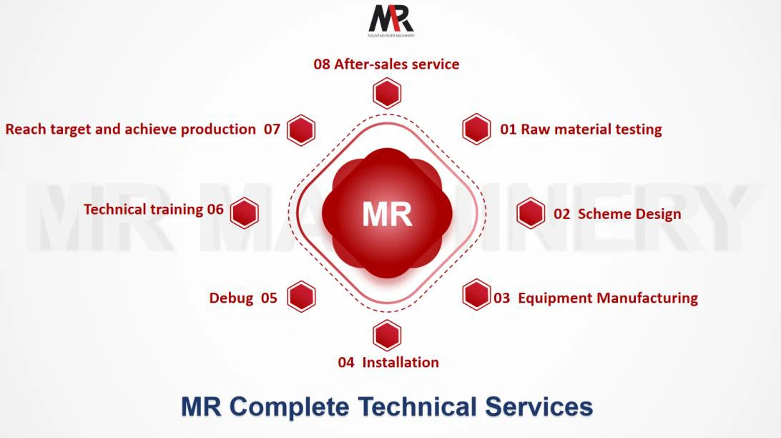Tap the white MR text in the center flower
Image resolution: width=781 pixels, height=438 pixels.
click(x=387, y=214)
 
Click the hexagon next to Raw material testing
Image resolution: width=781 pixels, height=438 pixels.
click(x=476, y=130)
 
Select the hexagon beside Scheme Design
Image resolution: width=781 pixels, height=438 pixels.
click(x=531, y=213)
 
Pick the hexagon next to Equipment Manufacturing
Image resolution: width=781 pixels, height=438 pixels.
click(x=476, y=295)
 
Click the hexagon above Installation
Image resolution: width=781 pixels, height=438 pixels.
click(x=387, y=336)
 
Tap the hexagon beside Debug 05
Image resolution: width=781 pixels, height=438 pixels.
click(x=301, y=296)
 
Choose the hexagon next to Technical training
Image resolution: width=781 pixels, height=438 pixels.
click(x=244, y=213)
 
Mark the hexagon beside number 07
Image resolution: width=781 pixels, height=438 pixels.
click(x=301, y=130)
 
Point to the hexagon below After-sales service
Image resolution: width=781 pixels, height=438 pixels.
click(x=387, y=93)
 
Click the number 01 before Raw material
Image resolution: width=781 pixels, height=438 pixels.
click(x=508, y=130)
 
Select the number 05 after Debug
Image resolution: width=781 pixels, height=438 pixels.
click(x=269, y=298)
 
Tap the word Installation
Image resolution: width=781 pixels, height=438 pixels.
click(x=401, y=362)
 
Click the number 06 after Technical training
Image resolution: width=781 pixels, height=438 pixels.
click(x=215, y=210)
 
